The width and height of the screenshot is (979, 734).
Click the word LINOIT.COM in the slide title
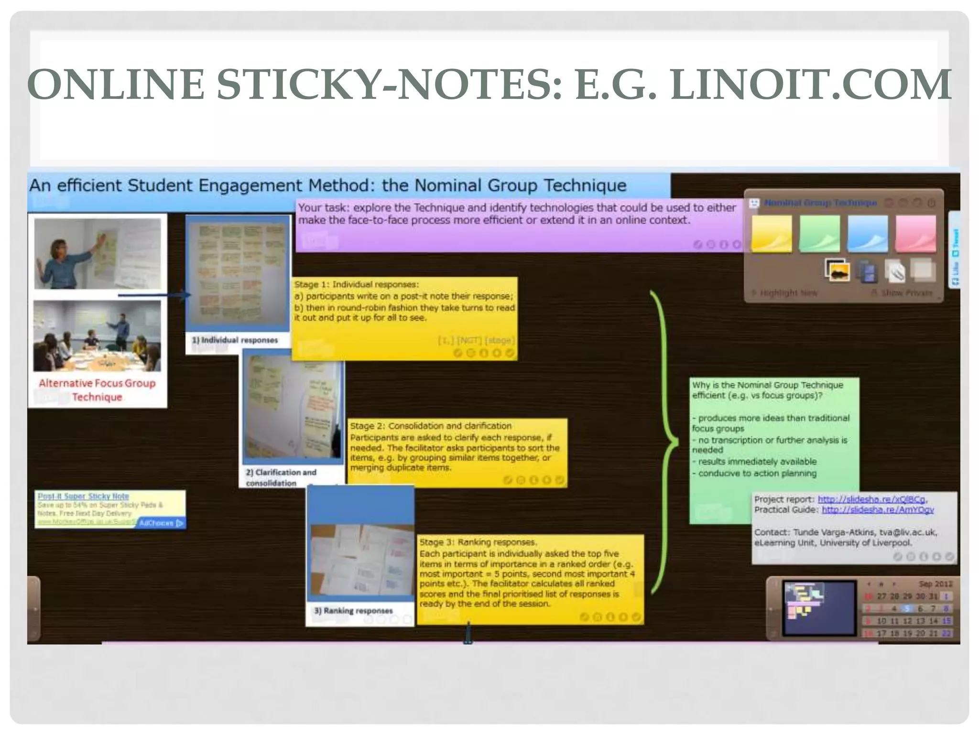[x=811, y=85]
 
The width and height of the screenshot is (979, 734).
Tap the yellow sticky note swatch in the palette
[x=771, y=234]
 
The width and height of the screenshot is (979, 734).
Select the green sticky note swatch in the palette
[x=819, y=234]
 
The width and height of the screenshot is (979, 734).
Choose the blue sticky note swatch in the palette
[x=867, y=234]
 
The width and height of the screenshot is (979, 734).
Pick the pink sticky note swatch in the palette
[x=915, y=234]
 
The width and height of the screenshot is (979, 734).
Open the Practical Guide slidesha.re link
[x=878, y=510]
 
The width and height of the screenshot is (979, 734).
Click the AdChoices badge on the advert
[x=161, y=523]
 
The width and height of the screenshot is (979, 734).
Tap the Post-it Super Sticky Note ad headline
[x=83, y=496]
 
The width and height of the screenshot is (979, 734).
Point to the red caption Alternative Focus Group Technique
[x=97, y=390]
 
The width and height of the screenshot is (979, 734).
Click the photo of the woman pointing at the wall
[x=98, y=253]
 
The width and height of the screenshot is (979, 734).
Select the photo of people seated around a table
[x=97, y=335]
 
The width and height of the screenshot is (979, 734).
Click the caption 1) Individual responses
[x=235, y=340]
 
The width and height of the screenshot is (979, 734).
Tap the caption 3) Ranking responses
[x=353, y=611]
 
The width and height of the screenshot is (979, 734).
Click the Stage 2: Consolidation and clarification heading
[x=430, y=426]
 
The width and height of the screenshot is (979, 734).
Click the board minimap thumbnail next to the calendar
[x=819, y=608]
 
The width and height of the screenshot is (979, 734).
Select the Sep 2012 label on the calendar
[x=935, y=584]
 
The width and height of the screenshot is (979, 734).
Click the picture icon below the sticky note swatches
[x=837, y=271]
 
